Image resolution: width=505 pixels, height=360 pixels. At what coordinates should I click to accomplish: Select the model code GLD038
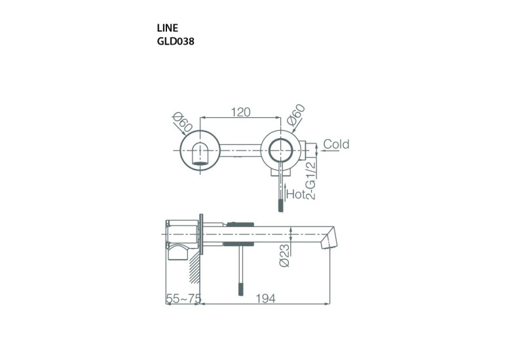[175, 41]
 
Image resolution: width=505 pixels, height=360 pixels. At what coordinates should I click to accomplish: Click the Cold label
[336, 144]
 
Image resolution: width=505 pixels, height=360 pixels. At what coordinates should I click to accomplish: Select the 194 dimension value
[265, 298]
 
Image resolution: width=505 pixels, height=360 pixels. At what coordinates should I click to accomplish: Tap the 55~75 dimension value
[183, 298]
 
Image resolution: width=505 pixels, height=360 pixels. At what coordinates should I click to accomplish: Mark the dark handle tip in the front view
[282, 206]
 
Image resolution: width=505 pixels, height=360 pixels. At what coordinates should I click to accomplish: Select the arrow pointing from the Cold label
[314, 145]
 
